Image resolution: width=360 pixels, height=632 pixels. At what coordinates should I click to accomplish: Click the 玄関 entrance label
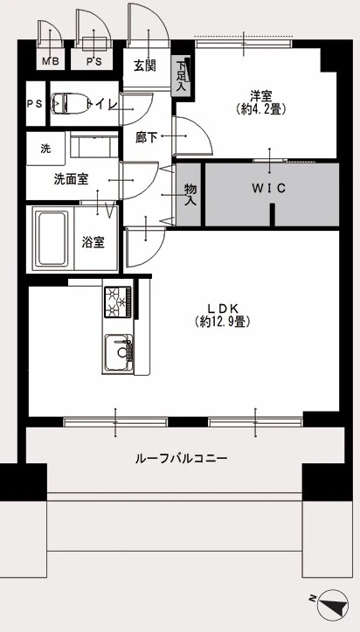[x=144, y=66]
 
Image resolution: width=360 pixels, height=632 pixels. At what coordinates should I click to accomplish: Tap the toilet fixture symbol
[x=70, y=103]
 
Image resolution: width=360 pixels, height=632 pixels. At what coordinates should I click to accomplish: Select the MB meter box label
[x=51, y=62]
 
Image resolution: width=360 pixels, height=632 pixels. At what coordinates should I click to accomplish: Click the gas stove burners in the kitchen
[x=118, y=302]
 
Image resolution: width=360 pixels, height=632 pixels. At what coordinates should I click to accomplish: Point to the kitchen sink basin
[x=119, y=352]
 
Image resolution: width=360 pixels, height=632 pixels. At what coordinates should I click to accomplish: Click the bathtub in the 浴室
[x=52, y=239]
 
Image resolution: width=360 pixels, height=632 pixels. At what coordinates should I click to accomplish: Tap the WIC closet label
[x=269, y=188]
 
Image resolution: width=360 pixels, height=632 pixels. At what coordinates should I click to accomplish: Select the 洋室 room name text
[x=261, y=97]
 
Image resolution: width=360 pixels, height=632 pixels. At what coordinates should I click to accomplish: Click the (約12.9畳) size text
[x=223, y=322]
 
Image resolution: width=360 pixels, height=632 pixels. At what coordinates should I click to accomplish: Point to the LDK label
[x=224, y=309]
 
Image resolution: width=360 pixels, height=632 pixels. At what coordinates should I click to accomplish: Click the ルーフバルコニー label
[x=182, y=458]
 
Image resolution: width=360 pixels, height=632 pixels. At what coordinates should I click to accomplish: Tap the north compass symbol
[x=333, y=605]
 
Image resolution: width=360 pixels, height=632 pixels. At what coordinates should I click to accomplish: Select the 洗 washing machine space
[x=45, y=149]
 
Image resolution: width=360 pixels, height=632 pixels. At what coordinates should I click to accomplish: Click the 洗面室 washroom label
[x=72, y=179]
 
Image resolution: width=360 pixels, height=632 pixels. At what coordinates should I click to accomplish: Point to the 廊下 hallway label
[x=146, y=138]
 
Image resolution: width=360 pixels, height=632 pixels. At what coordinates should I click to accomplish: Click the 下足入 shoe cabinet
[x=180, y=76]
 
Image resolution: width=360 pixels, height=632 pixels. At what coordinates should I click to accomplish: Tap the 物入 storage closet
[x=190, y=195]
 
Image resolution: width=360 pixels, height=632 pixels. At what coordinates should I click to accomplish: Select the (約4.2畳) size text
[x=261, y=108]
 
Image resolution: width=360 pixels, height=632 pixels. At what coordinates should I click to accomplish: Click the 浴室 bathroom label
[x=93, y=243]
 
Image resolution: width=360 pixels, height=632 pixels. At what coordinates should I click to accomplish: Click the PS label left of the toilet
[x=35, y=104]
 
